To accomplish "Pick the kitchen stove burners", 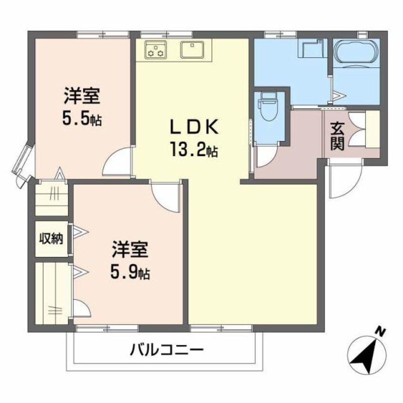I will tap(155, 49).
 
